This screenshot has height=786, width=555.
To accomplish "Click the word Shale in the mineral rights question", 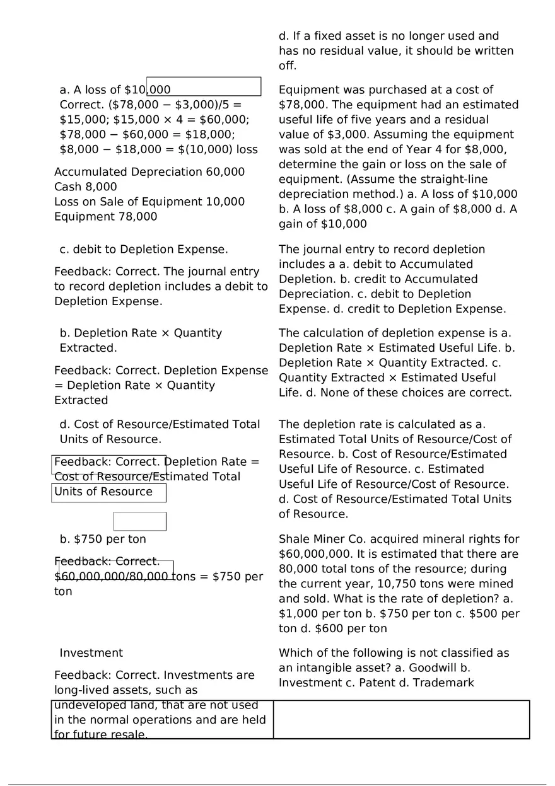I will pos(294,539).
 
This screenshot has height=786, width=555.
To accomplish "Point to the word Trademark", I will pos(443,683).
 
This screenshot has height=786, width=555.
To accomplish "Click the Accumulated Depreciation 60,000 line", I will pos(149,172).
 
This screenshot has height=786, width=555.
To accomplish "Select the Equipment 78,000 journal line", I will pos(105,217).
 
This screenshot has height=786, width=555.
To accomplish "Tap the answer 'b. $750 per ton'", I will pos(103,540).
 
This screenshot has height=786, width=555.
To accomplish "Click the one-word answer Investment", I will pos(91,653).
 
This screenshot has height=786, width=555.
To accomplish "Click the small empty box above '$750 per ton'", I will pos(139,521).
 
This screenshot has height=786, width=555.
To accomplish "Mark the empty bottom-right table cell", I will pos(401,719).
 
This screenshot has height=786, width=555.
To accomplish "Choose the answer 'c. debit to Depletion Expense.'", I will pos(144,250).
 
